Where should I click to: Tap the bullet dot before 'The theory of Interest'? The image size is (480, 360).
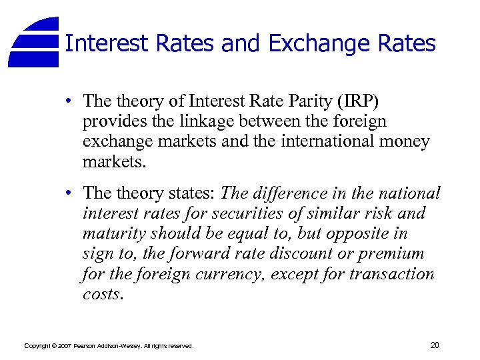point(69,101)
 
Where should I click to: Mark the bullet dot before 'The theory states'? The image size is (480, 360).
point(69,193)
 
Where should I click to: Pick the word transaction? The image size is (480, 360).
point(392,274)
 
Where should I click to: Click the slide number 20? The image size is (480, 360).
point(435,345)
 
